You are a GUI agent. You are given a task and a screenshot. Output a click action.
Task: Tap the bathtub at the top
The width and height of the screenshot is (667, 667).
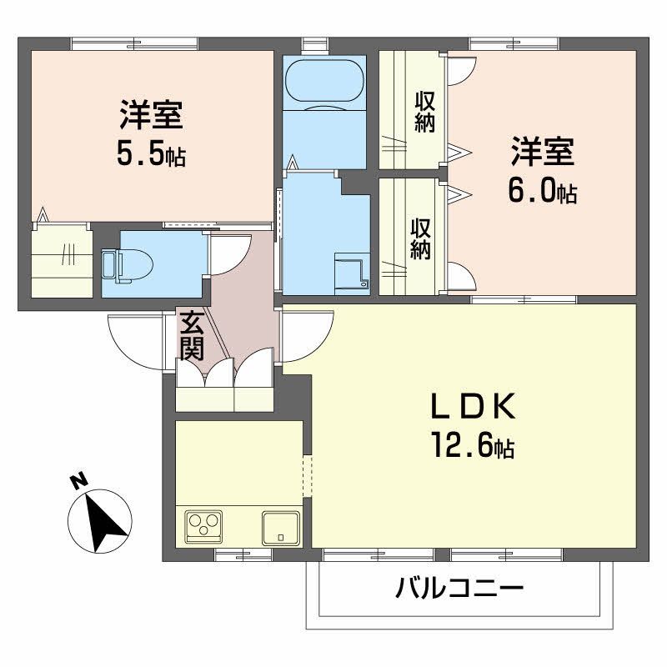tap(324, 84)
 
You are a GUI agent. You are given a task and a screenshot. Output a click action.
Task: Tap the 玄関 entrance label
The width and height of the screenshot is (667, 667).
tap(192, 335)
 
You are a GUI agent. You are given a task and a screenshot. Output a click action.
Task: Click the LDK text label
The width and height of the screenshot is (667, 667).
tap(474, 409)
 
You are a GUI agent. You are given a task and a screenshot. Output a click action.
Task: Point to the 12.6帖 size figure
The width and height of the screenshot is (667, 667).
tap(472, 448)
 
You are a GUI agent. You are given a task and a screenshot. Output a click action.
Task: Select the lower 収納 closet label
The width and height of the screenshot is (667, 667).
tap(420, 239)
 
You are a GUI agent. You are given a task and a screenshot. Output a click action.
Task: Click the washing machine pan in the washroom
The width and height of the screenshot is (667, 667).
tap(351, 272)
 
